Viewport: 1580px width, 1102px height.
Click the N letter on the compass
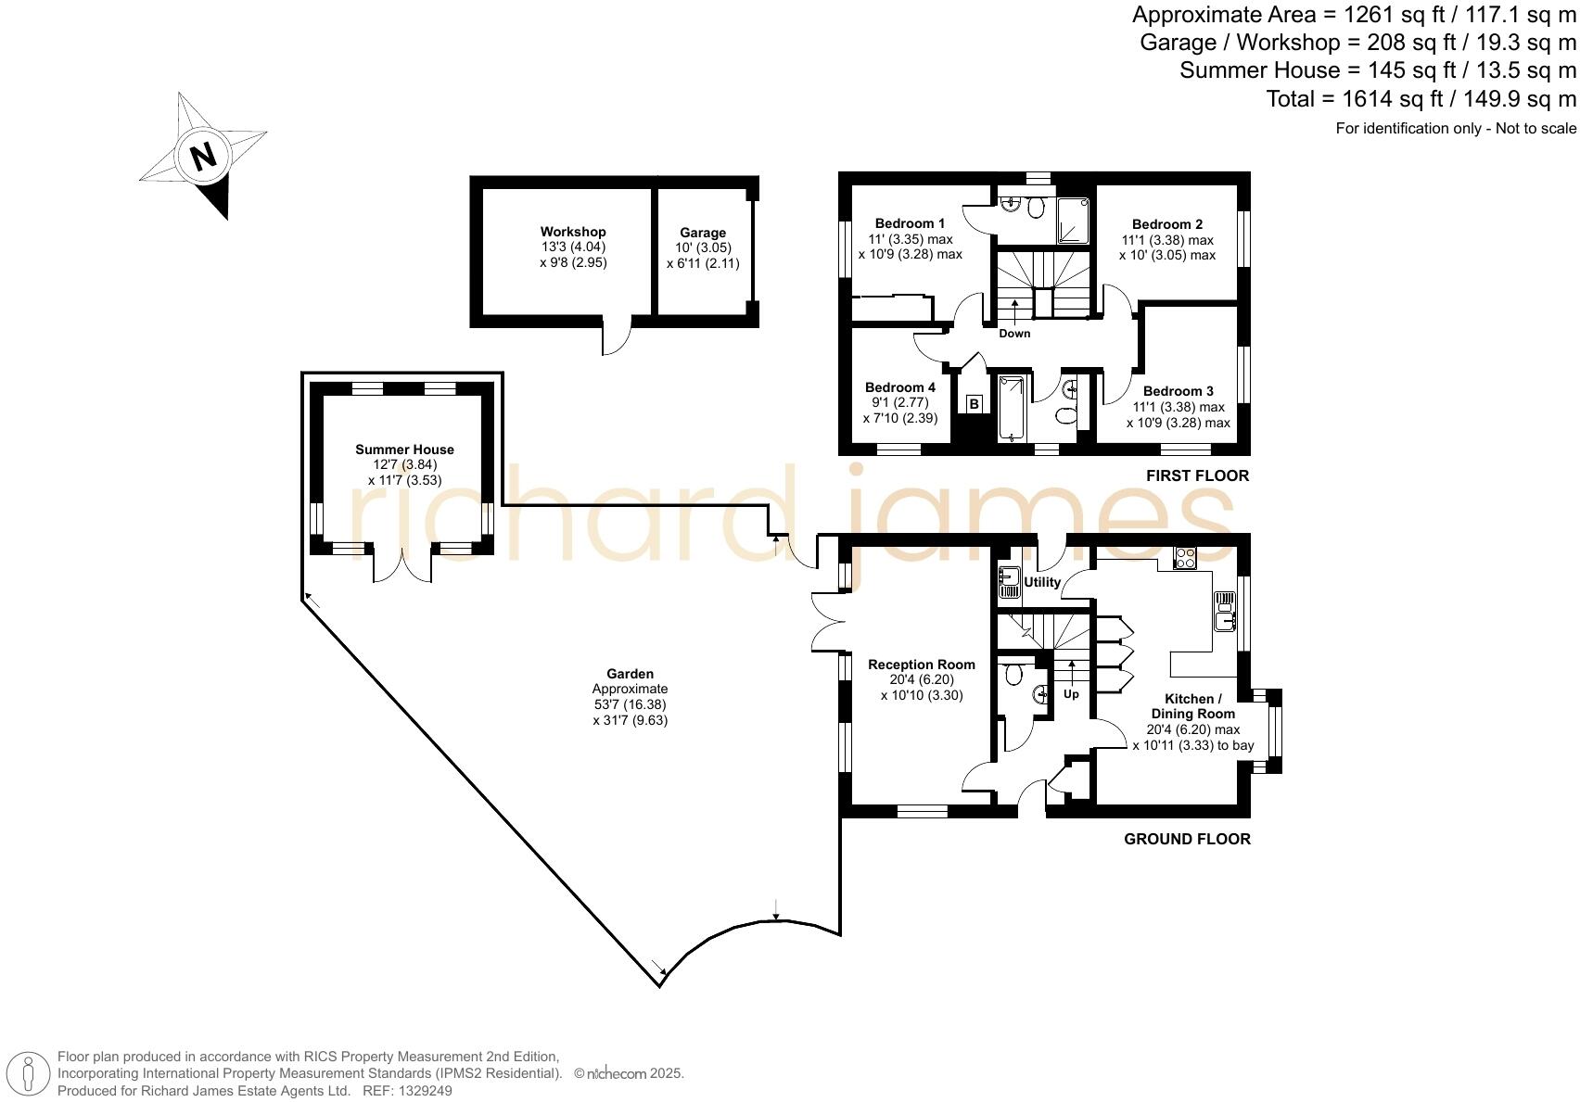tap(203, 155)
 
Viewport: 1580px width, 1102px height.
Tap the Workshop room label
tap(573, 232)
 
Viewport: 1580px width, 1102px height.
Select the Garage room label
tap(703, 233)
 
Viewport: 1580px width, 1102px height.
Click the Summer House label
tap(404, 450)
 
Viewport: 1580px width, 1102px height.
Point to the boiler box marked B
tap(975, 404)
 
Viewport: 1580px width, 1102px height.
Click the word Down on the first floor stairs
tap(1014, 334)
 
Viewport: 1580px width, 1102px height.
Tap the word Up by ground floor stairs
tap(1071, 694)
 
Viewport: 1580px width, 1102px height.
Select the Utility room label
tap(1042, 582)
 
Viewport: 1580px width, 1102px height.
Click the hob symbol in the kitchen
tap(1185, 558)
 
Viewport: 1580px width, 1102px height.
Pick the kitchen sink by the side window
tap(1225, 611)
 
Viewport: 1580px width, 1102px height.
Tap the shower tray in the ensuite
tap(1075, 221)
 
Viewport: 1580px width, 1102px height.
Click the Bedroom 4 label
tap(900, 387)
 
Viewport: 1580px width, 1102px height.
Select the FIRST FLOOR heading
tap(1197, 475)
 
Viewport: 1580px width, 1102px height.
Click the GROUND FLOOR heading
tap(1187, 839)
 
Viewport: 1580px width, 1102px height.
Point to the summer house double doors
tap(402, 565)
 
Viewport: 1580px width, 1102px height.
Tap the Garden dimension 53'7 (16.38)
tap(630, 704)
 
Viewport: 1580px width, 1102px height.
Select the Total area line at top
tap(1421, 99)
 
